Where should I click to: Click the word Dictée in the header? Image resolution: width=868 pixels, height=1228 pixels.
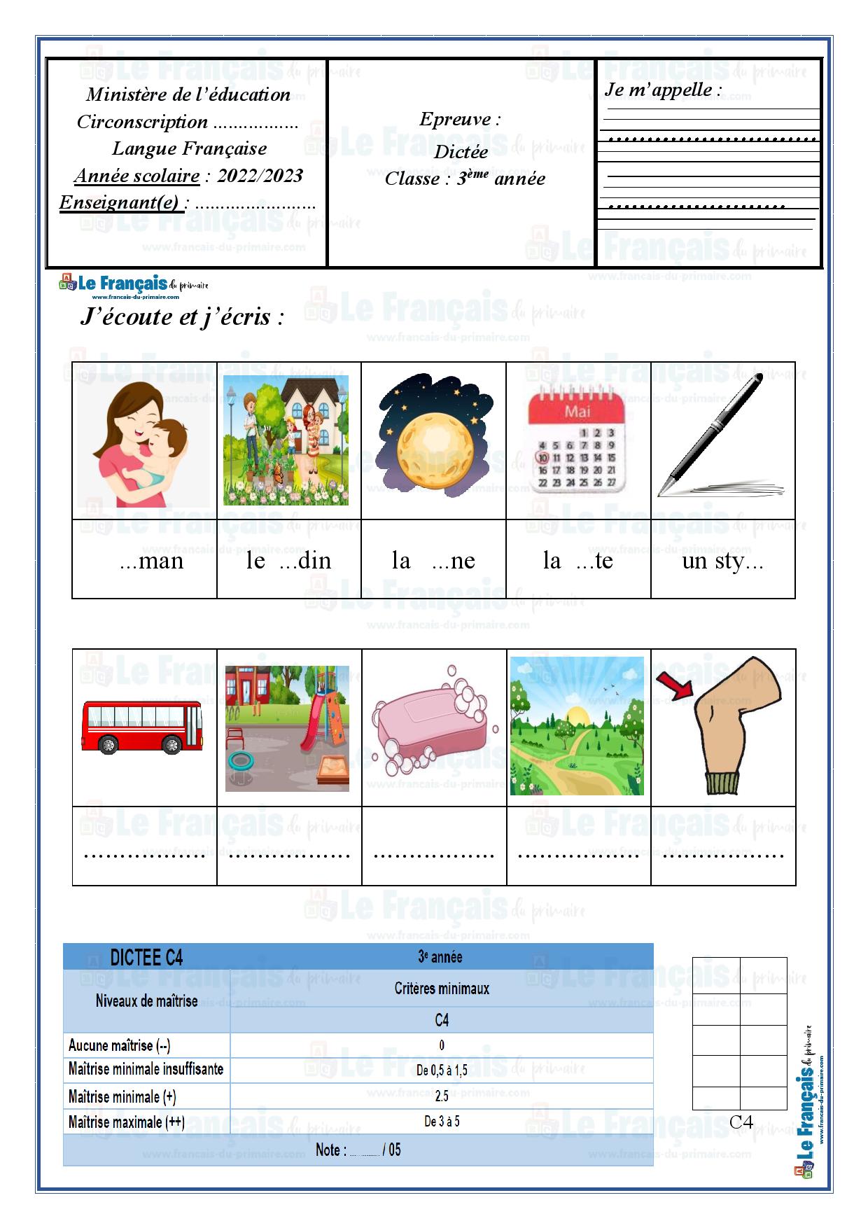461,151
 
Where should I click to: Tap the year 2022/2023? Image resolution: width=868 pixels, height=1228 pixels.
260,175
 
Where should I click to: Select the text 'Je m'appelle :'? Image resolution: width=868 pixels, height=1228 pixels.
662,90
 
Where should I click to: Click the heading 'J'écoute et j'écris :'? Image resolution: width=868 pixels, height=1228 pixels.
182,316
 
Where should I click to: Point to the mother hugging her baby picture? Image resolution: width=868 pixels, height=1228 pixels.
143,442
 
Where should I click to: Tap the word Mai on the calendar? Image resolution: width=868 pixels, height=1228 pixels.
577,412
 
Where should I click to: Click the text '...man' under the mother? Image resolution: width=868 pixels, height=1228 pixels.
151,560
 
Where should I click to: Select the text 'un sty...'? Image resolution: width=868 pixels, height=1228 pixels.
722,561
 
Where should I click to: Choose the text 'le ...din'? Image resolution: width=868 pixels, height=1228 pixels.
288,560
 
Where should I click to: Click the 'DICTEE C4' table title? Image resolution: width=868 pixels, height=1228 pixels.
146,957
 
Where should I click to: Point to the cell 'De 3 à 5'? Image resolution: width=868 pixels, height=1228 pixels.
442,1121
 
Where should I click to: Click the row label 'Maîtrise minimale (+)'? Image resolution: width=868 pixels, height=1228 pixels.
122,1096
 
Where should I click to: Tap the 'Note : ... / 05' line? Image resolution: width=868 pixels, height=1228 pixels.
358,1150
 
